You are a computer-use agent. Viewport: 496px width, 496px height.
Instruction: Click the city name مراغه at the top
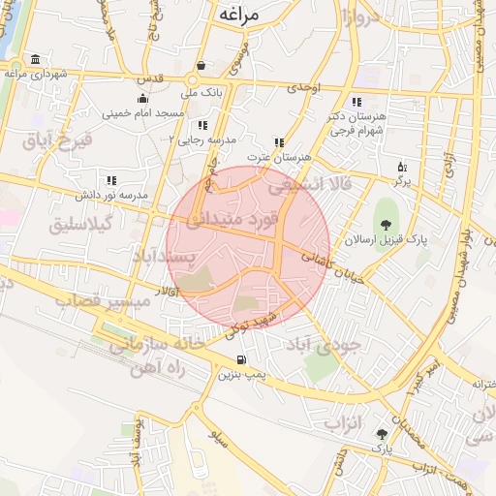tap(241, 14)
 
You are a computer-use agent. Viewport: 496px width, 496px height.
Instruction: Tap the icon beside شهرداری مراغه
tap(36, 59)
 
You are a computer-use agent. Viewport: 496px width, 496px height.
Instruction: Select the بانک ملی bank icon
tap(201, 66)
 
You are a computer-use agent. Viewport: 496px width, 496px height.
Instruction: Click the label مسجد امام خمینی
tap(143, 113)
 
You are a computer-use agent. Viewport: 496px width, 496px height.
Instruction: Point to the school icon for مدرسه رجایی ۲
tap(201, 125)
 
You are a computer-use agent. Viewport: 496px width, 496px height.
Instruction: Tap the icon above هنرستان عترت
tap(280, 142)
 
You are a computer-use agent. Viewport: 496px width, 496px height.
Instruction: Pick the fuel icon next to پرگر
tap(402, 166)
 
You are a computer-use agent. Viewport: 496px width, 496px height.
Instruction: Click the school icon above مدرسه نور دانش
tap(111, 180)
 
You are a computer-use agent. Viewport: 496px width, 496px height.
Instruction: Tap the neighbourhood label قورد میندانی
tap(231, 220)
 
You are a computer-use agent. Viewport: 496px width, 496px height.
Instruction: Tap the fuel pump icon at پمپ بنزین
tap(227, 358)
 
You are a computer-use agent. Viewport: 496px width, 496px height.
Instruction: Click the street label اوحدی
tap(302, 88)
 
